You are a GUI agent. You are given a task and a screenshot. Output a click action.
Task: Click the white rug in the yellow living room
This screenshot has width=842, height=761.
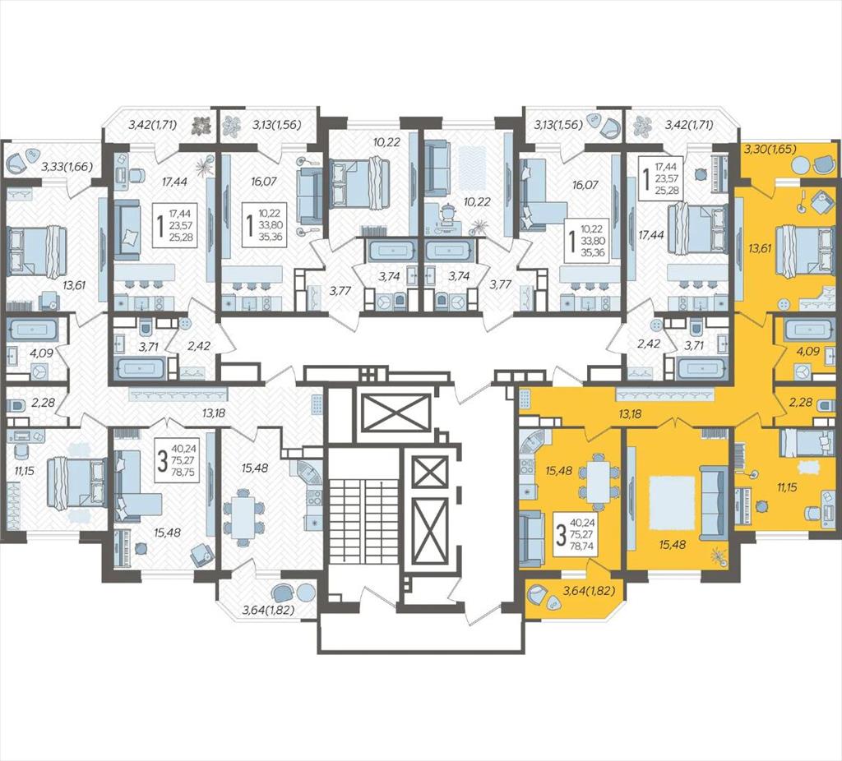[671, 502]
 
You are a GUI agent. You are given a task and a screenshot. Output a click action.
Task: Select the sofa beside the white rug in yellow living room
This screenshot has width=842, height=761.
[711, 502]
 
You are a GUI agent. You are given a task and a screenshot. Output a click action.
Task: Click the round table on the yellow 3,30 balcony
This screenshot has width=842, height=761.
[799, 163]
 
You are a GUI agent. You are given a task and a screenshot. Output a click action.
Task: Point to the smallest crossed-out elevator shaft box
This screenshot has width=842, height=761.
[428, 473]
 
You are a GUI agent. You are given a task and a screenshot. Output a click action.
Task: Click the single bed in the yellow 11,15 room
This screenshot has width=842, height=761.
[806, 443]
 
